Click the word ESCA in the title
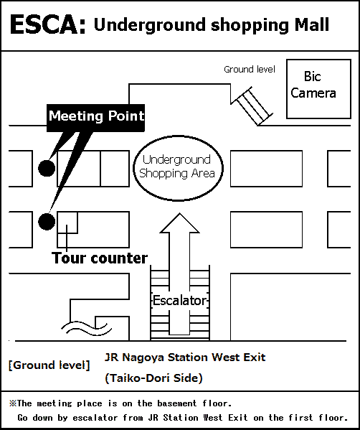coord(47,24)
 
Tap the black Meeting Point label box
coord(95,118)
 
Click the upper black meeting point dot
coord(47,168)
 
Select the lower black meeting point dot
coord(47,222)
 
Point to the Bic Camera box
coord(318,89)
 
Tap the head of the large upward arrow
coord(180,223)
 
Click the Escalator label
coord(179,301)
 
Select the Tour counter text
coord(100,258)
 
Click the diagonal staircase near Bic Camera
coord(252,106)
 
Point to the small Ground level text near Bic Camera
coord(250,70)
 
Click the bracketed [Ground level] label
coord(49,365)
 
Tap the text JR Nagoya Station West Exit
coord(185,357)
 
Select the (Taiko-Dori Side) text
coord(154,378)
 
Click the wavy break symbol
coord(86,328)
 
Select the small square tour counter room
coord(67,223)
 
